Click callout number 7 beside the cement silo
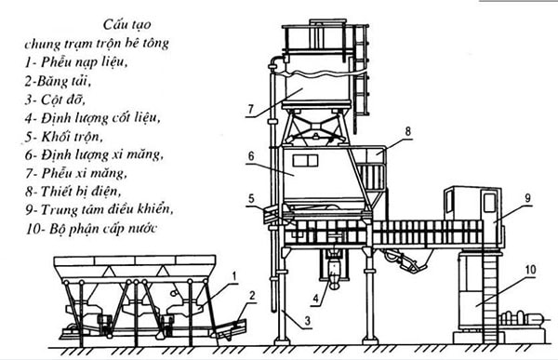(x=251, y=109)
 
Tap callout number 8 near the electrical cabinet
(x=408, y=131)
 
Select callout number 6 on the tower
(x=251, y=156)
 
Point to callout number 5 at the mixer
(x=252, y=199)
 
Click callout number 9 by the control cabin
(x=528, y=198)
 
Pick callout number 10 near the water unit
(x=530, y=269)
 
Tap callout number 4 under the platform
(x=315, y=299)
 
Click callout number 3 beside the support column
(x=307, y=320)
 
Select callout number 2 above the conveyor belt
(x=252, y=296)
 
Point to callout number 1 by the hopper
(x=234, y=276)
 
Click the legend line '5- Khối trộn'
(x=64, y=137)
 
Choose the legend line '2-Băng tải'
(x=58, y=82)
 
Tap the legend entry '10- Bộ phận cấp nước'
(x=91, y=228)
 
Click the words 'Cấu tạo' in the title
(x=127, y=24)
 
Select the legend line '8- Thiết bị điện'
(x=73, y=192)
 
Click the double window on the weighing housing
(x=305, y=161)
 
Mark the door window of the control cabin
(x=489, y=202)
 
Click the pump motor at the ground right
(x=522, y=317)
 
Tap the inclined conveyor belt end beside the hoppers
(x=231, y=328)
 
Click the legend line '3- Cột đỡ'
(x=55, y=100)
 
